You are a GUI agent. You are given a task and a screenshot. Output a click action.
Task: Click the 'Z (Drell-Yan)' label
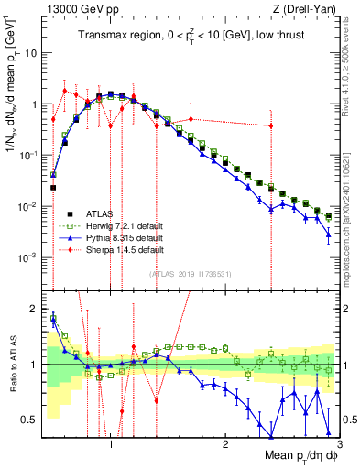point(309,9)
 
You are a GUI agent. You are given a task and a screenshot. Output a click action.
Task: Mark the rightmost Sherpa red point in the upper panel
point(271,126)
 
